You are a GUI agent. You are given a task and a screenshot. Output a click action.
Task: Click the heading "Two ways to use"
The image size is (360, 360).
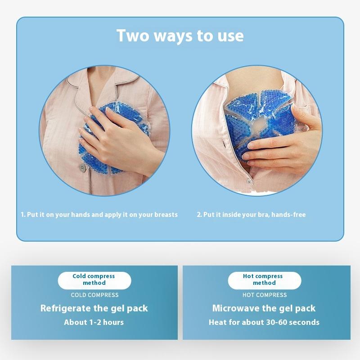(180, 36)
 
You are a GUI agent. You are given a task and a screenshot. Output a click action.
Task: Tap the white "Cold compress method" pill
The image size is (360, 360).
(94, 280)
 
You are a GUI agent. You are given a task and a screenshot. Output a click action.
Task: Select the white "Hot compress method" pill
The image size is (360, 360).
(265, 280)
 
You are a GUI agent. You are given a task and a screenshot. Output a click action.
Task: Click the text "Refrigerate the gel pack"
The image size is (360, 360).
(94, 308)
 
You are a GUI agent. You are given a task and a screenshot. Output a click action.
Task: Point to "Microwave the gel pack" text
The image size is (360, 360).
(264, 308)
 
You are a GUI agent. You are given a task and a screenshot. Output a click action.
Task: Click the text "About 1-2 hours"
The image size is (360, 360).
(94, 322)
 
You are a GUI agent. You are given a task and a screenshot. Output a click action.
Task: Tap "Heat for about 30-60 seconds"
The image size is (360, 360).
(264, 322)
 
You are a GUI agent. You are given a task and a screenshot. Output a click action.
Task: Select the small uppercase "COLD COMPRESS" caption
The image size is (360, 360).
(94, 295)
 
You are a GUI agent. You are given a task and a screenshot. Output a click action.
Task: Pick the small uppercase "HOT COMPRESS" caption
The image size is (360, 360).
(265, 295)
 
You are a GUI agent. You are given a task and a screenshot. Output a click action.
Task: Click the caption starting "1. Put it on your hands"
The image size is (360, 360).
(99, 215)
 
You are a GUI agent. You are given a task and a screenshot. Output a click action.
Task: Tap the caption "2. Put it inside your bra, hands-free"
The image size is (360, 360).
(251, 215)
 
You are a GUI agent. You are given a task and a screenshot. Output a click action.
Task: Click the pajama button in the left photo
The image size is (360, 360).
(82, 167)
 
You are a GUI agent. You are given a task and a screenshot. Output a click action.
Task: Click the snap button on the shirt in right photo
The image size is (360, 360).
(249, 181)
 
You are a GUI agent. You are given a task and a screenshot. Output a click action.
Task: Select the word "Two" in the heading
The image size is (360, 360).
(133, 36)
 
